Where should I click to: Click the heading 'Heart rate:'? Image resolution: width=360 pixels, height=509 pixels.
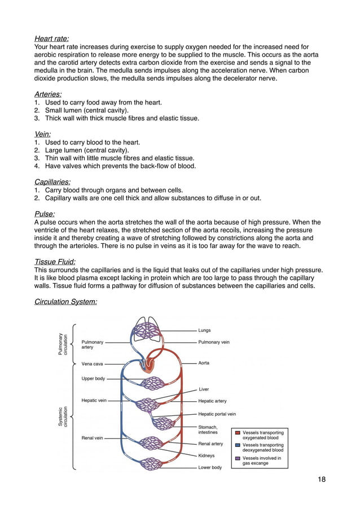tap(51, 39)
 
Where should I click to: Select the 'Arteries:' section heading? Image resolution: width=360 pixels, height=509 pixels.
tap(48, 94)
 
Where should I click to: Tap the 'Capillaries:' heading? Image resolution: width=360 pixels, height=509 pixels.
tap(52, 182)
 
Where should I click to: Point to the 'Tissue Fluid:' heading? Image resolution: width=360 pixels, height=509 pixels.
tap(55, 262)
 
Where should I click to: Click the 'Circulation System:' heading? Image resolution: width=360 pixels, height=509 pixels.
tap(66, 302)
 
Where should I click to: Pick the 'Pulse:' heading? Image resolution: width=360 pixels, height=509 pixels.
tap(45, 214)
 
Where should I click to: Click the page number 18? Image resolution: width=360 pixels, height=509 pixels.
tap(321, 480)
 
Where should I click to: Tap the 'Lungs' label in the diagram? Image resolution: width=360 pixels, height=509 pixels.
tap(204, 330)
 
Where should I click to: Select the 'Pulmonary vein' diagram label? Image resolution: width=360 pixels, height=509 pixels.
tap(214, 342)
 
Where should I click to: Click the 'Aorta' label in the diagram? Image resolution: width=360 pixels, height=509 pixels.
tap(204, 363)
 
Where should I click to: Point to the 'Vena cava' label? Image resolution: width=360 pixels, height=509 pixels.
tap(92, 364)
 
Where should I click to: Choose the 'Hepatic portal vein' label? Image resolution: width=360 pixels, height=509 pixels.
tap(217, 414)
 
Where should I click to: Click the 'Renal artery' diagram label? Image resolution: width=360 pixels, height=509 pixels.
tap(210, 444)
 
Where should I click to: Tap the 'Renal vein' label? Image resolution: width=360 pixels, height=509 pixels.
tap(92, 438)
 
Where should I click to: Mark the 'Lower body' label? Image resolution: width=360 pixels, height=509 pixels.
tap(210, 467)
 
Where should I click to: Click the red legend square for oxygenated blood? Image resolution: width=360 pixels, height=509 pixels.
tap(238, 432)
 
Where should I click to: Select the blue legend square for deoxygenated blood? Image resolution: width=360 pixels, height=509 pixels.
tap(238, 445)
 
